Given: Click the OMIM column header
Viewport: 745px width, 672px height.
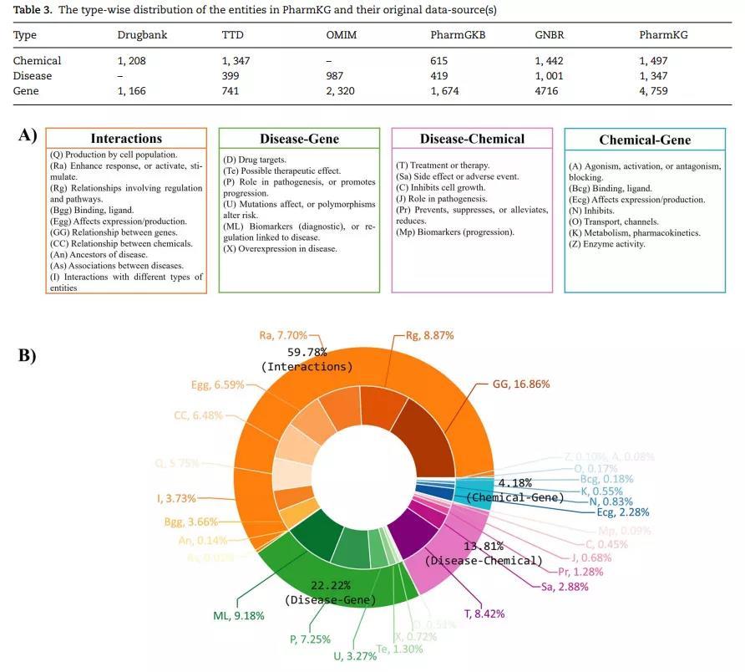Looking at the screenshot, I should (342, 35).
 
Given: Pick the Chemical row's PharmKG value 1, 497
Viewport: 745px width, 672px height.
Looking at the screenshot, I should (654, 60).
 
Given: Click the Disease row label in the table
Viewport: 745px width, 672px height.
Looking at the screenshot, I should (33, 75).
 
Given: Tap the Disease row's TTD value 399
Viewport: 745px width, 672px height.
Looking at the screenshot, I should (231, 75).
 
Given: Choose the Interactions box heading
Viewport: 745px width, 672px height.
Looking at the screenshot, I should (126, 139).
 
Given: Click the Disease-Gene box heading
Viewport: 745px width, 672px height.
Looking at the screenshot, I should (299, 139).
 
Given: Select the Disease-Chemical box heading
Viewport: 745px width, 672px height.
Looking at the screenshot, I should (472, 139).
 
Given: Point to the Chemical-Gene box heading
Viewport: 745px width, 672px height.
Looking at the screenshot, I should (645, 140).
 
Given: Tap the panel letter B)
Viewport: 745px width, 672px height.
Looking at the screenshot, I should (28, 355).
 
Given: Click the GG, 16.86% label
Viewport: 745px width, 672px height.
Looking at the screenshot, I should (521, 384).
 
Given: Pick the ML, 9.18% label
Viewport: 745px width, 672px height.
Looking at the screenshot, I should (239, 616).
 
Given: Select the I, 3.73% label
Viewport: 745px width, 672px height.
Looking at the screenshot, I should (177, 498).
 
